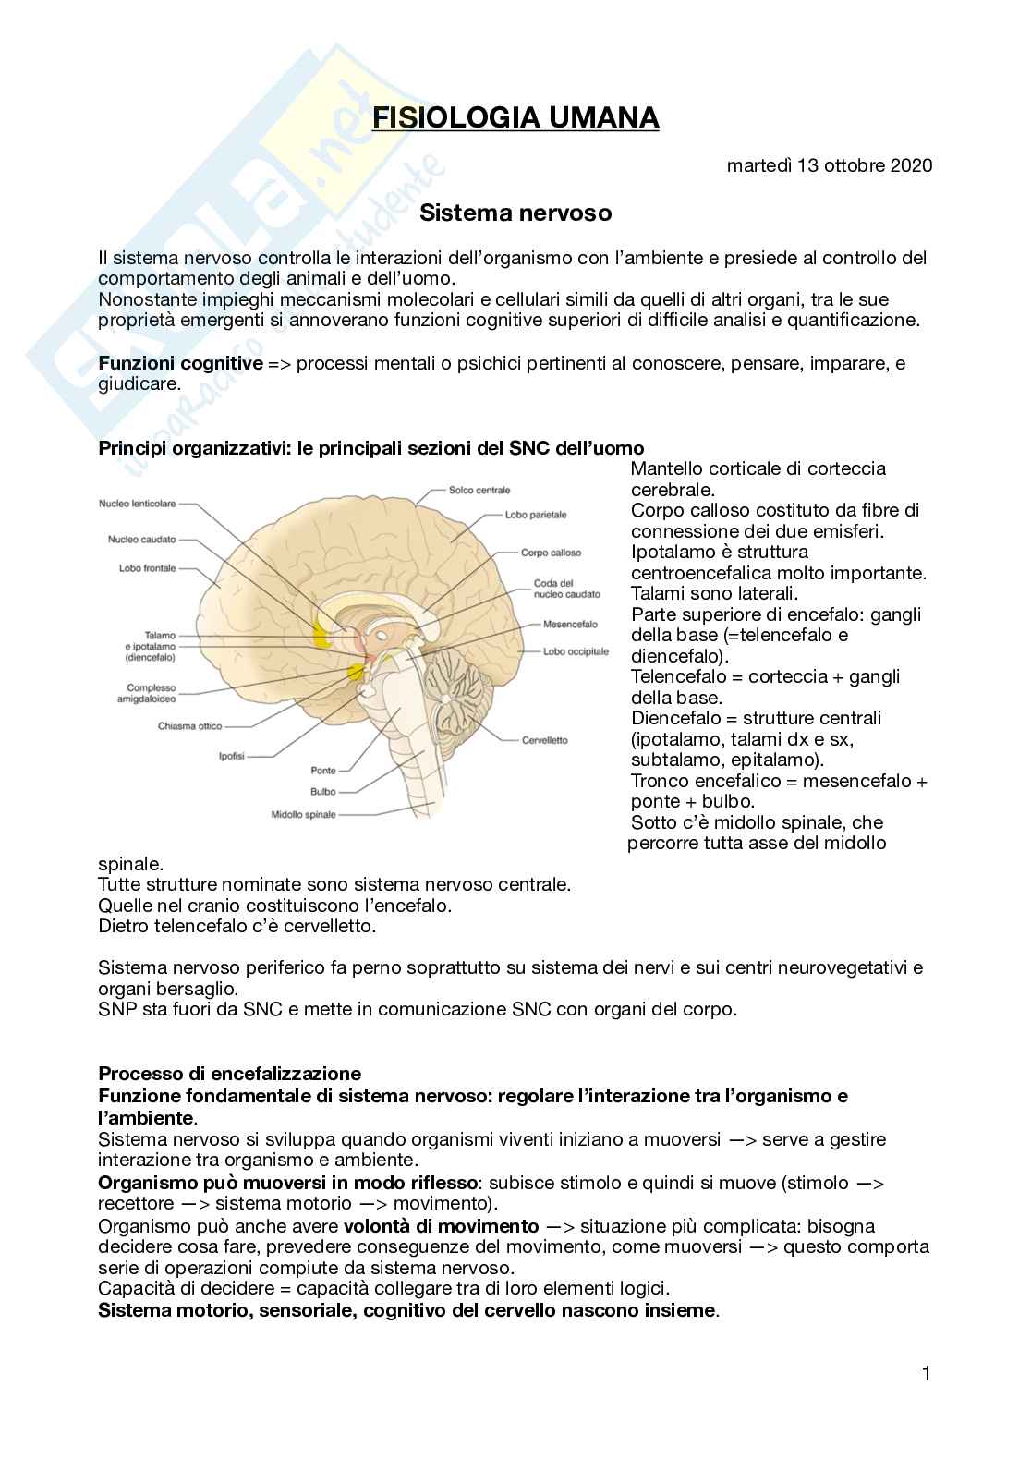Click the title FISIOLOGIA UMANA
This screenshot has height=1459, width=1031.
click(515, 119)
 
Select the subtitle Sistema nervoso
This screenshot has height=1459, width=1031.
click(515, 213)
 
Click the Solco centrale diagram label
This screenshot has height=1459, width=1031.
click(479, 490)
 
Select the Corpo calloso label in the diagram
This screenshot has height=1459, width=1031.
click(551, 553)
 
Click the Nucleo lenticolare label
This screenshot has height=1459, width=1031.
click(137, 504)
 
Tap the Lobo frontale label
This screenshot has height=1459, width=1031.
click(147, 568)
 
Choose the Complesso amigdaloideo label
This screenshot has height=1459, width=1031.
click(151, 693)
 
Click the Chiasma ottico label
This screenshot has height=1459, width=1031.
click(190, 726)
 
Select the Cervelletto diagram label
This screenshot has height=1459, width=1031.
click(544, 740)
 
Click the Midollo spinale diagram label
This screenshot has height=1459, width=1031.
click(303, 815)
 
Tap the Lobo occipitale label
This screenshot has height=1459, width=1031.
click(576, 651)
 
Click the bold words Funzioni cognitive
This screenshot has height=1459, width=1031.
click(180, 363)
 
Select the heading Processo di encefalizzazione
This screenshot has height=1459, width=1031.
click(229, 1074)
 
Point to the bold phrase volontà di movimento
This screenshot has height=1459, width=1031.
click(441, 1226)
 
